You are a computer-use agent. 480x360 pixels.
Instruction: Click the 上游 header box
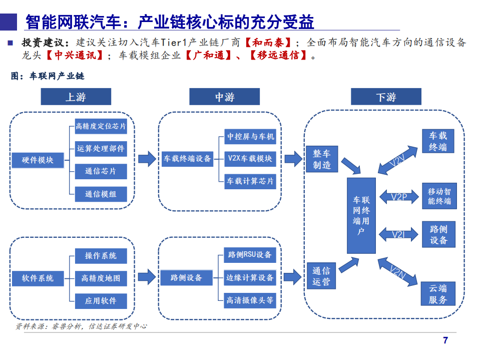(x=76, y=97)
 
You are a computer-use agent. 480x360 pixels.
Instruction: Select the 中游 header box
(x=224, y=97)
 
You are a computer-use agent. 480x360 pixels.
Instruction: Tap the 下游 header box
(x=386, y=97)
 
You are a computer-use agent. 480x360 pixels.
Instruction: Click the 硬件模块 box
(x=38, y=160)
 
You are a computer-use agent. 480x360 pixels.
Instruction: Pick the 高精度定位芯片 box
(x=101, y=126)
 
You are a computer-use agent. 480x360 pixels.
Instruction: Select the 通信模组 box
(x=101, y=194)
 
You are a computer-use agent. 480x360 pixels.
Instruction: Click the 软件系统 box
(x=38, y=278)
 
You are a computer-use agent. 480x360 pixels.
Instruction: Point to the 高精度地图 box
(x=101, y=278)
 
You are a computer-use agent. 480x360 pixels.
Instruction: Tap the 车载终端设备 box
(x=187, y=159)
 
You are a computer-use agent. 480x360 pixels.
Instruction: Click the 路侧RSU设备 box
(x=249, y=255)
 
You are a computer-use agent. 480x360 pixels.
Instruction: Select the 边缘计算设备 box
(x=249, y=278)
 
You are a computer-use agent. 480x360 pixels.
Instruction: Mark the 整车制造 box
(x=322, y=159)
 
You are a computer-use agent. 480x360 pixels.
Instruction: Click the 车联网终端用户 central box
(x=361, y=215)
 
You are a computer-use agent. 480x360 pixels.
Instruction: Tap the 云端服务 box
(x=438, y=294)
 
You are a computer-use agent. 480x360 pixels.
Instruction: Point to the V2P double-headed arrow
(x=399, y=197)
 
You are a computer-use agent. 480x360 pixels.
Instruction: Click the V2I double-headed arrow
(x=399, y=234)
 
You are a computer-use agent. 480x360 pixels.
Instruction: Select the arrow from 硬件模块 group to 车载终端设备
(x=147, y=159)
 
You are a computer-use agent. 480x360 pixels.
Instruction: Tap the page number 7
(x=445, y=341)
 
